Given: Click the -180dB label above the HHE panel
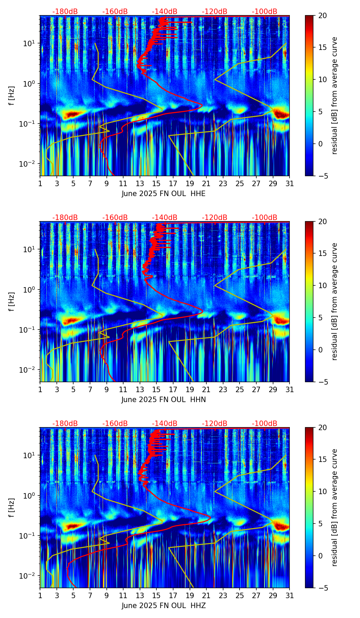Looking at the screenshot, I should coord(65,12).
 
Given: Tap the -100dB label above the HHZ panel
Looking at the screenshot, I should coord(265,424).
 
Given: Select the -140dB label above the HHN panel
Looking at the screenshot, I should coord(165,218).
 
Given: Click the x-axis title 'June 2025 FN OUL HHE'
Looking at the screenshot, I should coord(164,194).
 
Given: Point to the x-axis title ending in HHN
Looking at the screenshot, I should coord(164,400).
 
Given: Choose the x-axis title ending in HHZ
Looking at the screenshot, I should coord(164,606).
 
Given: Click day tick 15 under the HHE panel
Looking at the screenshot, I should coord(156,183).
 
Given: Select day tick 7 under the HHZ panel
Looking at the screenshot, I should coord(90,595).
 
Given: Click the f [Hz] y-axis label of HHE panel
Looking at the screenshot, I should coord(12,96).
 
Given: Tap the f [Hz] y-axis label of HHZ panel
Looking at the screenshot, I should coord(12,508).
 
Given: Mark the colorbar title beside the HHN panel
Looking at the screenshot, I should coord(335,301).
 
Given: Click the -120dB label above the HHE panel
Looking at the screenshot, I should coord(215,12).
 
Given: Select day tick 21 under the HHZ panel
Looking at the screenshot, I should coord(206,595).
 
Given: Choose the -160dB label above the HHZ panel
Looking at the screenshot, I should coord(115,424).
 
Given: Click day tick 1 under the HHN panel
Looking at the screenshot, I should coord(40,389).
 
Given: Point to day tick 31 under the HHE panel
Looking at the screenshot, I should coord(290,183).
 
